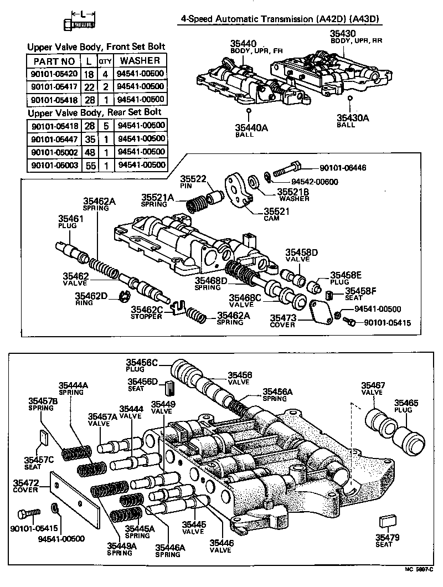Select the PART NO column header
tap(54, 61)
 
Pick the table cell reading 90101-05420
tap(54, 74)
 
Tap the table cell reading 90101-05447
tap(54, 138)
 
